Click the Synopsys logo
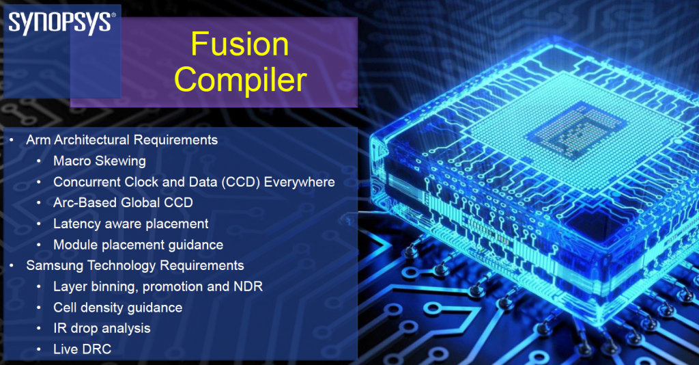point(60,22)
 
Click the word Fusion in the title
point(239,45)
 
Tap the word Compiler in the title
point(240,80)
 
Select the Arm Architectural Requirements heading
point(122,140)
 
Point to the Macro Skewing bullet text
point(100,161)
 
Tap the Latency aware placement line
point(131,224)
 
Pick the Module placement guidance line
point(139,245)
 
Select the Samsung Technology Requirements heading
point(135,265)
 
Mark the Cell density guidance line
point(118,308)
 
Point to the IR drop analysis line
point(102,328)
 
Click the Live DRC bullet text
point(82,349)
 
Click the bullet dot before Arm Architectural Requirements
point(12,140)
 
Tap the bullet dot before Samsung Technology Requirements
point(12,265)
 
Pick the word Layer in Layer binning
point(69,286)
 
